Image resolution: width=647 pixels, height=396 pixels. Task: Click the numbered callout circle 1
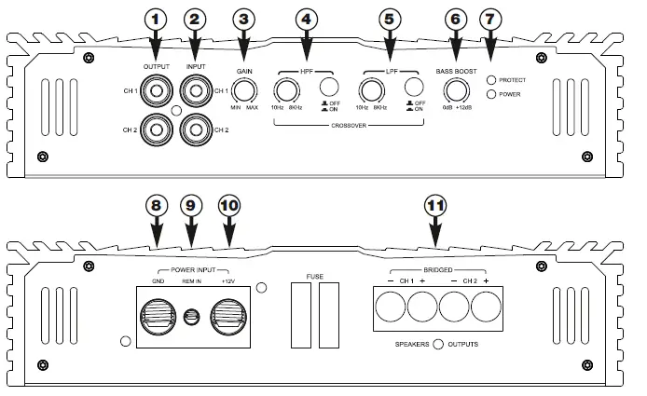155,18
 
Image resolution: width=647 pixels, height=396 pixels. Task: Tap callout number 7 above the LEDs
492,18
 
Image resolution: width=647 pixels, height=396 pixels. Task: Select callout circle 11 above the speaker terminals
434,205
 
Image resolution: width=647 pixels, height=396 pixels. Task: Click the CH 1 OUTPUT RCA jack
155,91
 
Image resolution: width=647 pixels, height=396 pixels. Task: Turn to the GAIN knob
245,90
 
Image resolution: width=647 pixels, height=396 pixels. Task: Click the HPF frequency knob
284,90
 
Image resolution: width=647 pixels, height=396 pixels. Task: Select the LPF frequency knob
371,90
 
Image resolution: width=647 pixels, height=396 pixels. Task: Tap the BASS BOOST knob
455,90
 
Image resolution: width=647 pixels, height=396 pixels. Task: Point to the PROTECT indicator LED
491,80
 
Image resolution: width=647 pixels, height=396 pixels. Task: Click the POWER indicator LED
491,94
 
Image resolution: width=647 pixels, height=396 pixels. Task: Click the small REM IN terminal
193,318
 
